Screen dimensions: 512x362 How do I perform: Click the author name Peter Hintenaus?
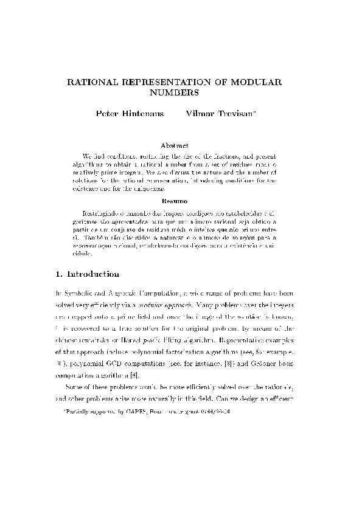[x=130, y=114]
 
